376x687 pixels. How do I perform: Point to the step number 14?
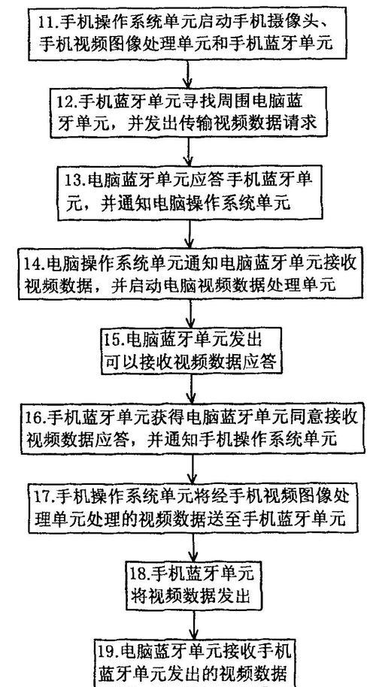pyautogui.click(x=34, y=263)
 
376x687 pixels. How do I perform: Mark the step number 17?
pyautogui.click(x=44, y=495)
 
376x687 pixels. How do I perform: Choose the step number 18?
pyautogui.click(x=140, y=571)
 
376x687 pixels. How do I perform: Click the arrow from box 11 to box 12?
pyautogui.click(x=188, y=74)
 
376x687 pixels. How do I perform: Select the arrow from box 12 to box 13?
pyautogui.click(x=189, y=152)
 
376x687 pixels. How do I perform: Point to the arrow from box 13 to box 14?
pyautogui.click(x=190, y=234)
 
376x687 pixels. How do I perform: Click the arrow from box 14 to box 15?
pyautogui.click(x=190, y=313)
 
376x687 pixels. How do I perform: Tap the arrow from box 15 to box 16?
pyautogui.click(x=192, y=389)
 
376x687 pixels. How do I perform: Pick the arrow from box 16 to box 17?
pyautogui.click(x=192, y=468)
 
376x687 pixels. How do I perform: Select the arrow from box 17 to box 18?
pyautogui.click(x=193, y=545)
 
